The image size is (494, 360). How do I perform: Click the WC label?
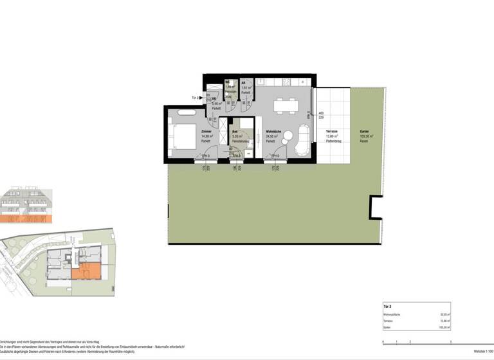click(228, 83)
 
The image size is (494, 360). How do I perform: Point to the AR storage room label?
click(244, 83)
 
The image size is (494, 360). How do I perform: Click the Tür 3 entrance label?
click(196, 97)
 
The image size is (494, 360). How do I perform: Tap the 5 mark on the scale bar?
click(450, 342)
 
